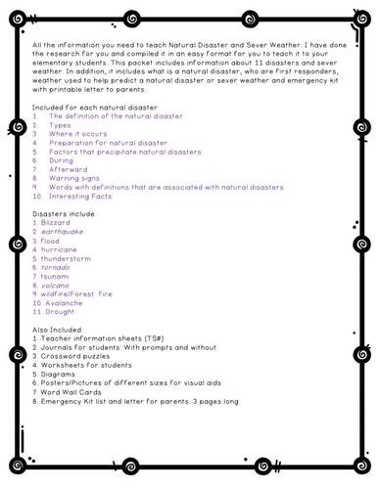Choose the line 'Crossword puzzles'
coord(80,356)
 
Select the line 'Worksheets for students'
coord(87,365)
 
